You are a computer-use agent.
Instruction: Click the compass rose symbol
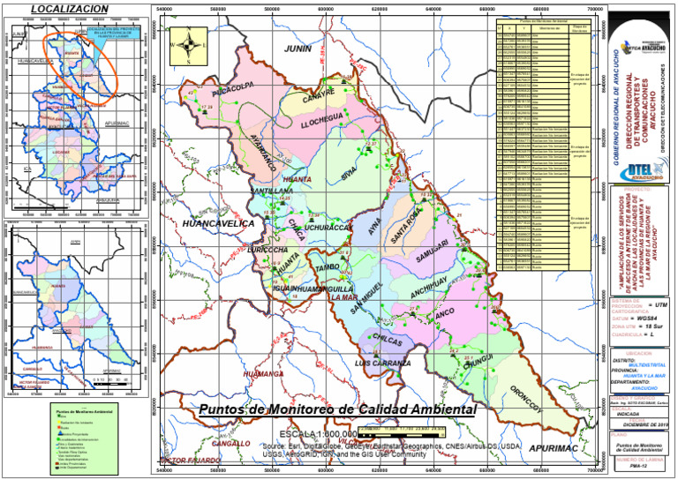click(x=188, y=45)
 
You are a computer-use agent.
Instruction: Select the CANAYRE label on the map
click(x=319, y=100)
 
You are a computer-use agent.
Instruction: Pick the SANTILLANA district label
click(x=272, y=191)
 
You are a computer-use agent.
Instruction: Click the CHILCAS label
click(x=388, y=339)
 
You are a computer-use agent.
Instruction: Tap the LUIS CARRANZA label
click(x=383, y=364)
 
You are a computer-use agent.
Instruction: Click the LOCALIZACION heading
click(x=70, y=8)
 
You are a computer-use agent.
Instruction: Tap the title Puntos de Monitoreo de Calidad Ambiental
click(x=337, y=409)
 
